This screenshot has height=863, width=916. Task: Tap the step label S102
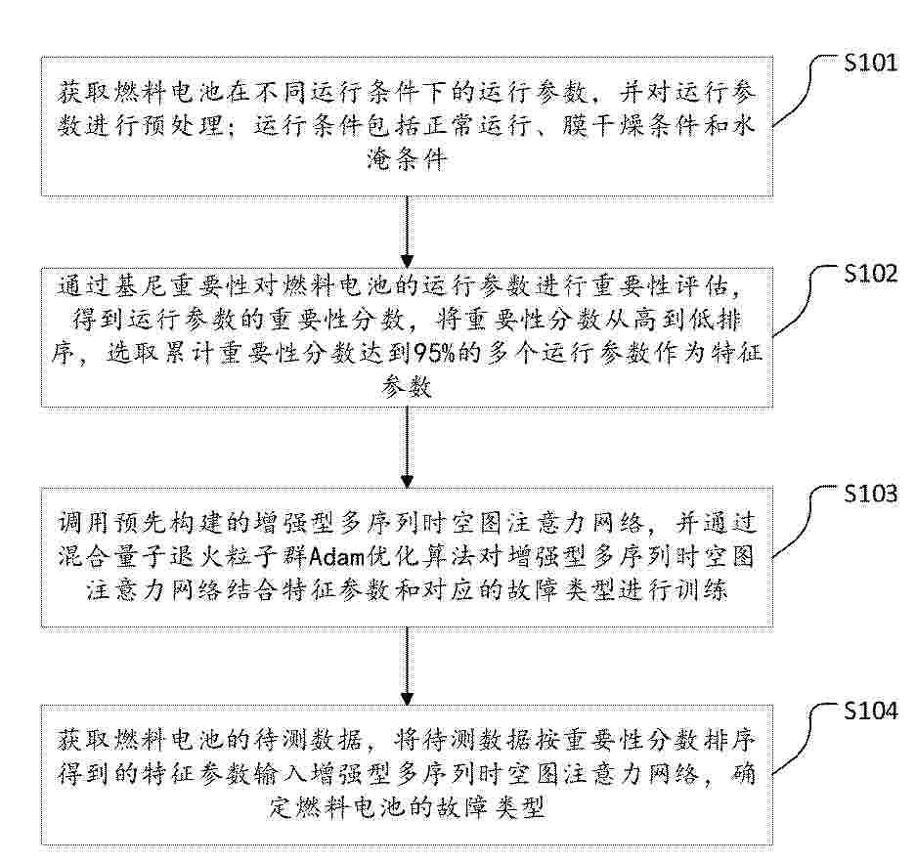[x=869, y=274]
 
